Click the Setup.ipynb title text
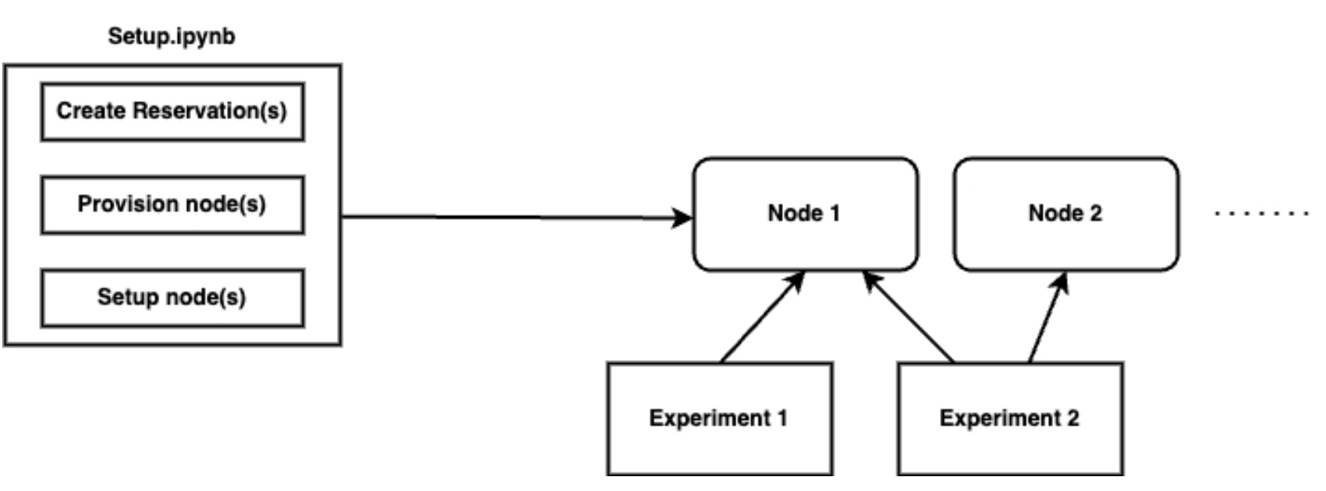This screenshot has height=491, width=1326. click(171, 37)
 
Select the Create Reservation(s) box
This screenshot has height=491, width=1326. click(172, 111)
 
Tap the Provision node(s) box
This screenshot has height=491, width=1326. click(172, 205)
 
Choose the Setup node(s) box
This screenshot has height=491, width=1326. click(172, 298)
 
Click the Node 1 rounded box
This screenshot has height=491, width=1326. click(805, 214)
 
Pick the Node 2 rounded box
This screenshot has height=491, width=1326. click(1065, 214)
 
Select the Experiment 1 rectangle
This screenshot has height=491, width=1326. click(719, 419)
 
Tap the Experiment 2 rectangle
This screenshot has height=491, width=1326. click(1009, 419)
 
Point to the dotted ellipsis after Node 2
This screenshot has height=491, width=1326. click(1262, 213)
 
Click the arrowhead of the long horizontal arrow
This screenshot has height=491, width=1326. click(684, 217)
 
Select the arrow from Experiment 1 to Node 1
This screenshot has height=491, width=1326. click(762, 317)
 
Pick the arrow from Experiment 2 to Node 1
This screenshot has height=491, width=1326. click(909, 317)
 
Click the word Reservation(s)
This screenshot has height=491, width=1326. click(210, 111)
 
